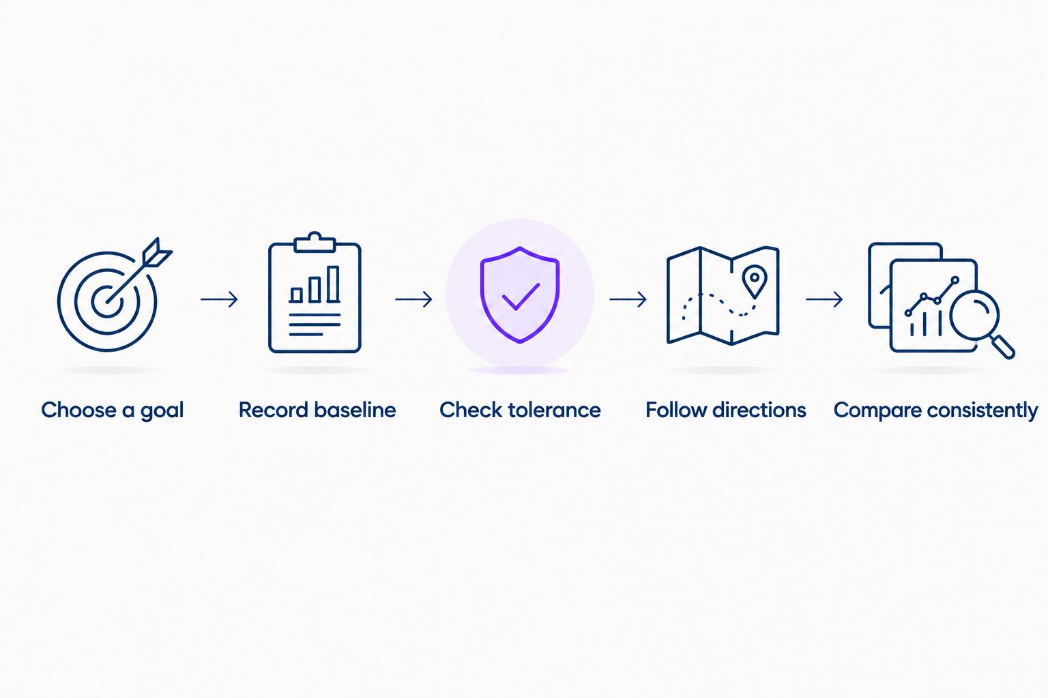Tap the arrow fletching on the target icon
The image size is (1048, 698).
[158, 253]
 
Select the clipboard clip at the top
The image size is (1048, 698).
[315, 242]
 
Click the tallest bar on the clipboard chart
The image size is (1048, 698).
[333, 284]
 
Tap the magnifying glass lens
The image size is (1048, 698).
[974, 315]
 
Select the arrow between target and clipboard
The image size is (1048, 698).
[220, 299]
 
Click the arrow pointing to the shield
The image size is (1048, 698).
[413, 299]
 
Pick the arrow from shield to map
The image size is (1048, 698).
[628, 299]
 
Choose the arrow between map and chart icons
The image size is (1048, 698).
[824, 299]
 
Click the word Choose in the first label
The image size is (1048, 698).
[79, 410]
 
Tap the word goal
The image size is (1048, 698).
[162, 412]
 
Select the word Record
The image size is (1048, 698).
[274, 410]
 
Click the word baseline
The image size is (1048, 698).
[355, 410]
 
